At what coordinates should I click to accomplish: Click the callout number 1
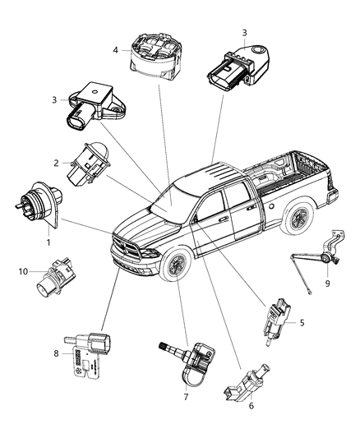(48, 242)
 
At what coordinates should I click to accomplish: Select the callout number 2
(56, 163)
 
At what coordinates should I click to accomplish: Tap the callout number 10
(23, 270)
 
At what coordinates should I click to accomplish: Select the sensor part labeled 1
(38, 210)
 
